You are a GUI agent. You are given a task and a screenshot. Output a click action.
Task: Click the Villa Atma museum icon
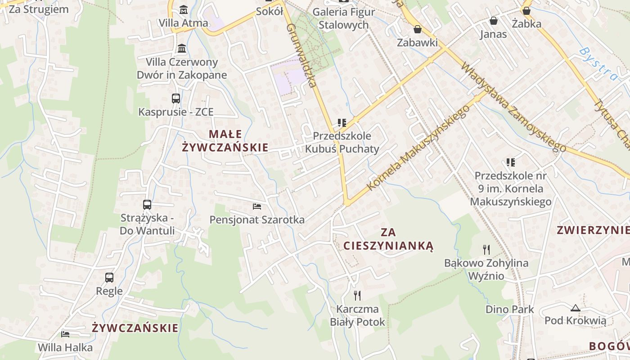coord(184,9)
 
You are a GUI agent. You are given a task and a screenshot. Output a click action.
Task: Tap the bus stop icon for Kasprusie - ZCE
coord(176,98)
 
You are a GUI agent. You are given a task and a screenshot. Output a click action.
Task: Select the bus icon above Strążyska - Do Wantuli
coord(147,204)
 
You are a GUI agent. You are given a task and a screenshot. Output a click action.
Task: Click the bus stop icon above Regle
coord(109,277)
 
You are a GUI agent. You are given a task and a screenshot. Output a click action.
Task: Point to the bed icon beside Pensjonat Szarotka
coord(257,206)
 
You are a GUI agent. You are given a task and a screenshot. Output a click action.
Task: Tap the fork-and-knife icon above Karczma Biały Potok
coord(357,295)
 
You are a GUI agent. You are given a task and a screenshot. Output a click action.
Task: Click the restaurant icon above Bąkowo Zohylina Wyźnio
coord(486,249)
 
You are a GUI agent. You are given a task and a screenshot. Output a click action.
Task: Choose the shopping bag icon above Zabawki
coord(418,29)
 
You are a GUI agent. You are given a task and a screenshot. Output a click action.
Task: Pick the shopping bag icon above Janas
coord(494,21)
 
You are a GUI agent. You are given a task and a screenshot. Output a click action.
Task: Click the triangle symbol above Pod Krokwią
coord(575,308)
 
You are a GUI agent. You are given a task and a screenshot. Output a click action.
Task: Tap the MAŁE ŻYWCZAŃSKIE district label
coord(225,140)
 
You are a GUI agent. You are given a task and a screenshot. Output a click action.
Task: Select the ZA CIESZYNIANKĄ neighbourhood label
coord(388,238)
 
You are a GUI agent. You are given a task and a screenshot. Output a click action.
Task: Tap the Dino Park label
coord(509,309)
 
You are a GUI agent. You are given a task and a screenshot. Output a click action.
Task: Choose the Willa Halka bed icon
coord(65,334)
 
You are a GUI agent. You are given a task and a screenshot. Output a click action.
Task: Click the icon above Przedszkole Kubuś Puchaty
coord(342,122)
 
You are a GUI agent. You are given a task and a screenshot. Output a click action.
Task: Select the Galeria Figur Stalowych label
coord(343,18)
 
